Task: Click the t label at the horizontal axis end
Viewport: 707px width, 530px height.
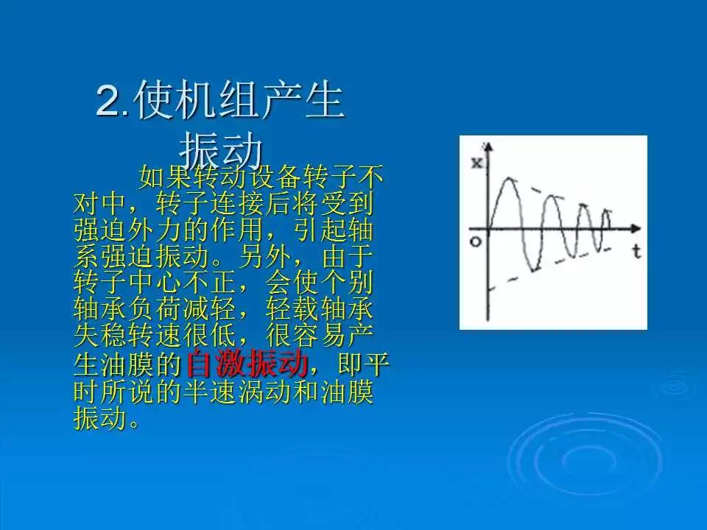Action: pos(636,252)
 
